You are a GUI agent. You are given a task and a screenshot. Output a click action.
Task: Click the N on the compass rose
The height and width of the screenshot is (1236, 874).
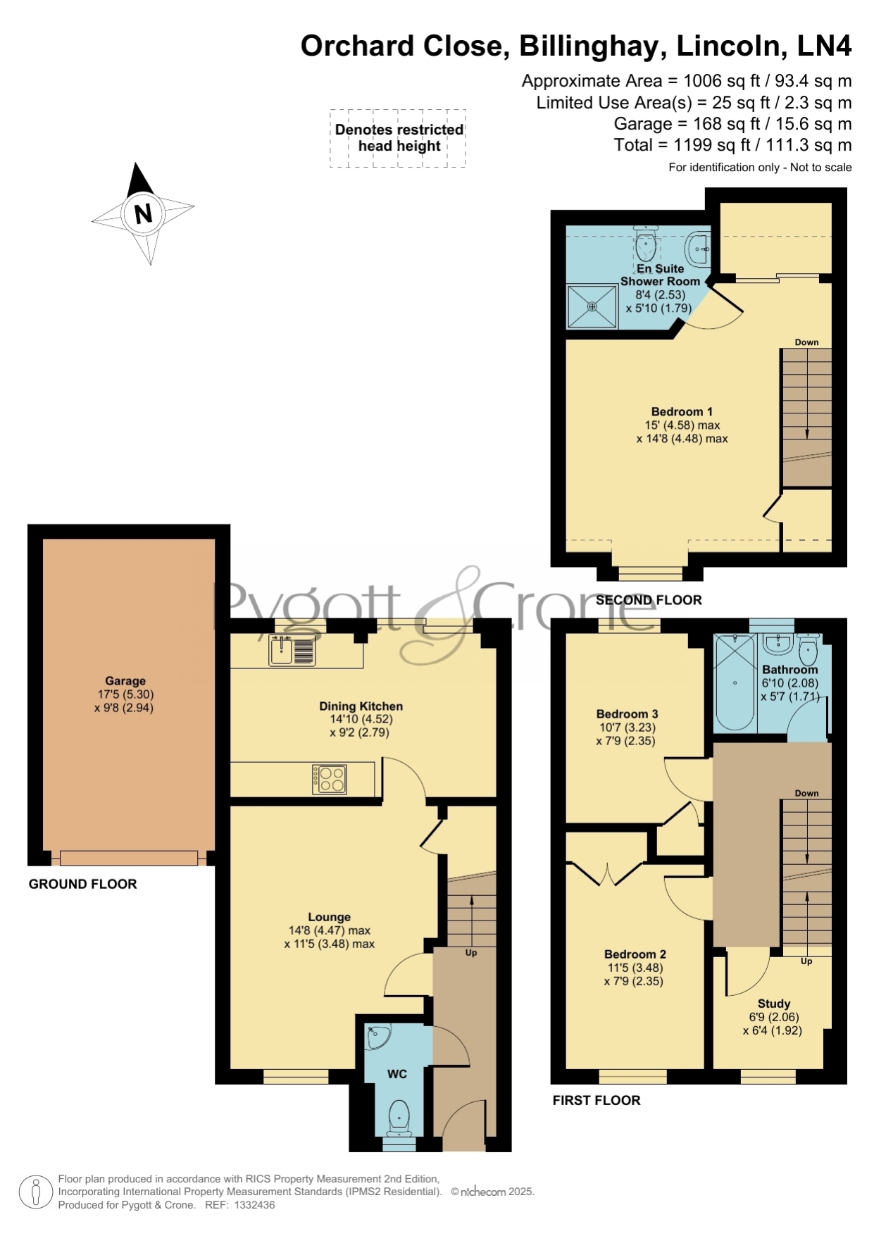(x=143, y=213)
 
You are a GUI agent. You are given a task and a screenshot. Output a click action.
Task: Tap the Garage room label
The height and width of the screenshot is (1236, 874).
(x=125, y=681)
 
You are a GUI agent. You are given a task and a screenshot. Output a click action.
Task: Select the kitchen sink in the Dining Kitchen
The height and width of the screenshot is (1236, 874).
(x=292, y=650)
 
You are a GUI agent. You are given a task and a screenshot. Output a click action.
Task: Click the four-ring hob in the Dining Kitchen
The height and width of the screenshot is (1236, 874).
(x=330, y=779)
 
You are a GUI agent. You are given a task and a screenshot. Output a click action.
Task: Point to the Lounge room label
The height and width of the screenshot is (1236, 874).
(x=329, y=917)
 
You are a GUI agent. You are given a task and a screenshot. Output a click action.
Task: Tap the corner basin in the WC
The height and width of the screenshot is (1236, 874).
(x=377, y=1036)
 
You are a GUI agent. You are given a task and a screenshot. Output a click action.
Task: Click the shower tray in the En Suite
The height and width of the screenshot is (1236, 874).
(x=592, y=306)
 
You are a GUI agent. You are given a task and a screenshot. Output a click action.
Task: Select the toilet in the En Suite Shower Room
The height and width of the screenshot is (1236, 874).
(x=645, y=244)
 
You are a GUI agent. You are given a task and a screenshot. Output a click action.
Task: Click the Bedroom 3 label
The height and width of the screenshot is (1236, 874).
(x=627, y=713)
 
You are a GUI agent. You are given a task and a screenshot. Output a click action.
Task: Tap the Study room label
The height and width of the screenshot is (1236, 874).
(x=773, y=1004)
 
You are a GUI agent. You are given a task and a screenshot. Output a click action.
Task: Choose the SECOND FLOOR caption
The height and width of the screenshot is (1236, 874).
(x=649, y=600)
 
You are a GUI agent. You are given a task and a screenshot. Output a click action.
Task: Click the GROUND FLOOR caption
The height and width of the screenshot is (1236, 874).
(x=82, y=884)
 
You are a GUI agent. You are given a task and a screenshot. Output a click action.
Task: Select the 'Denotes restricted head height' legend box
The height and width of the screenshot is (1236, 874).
(x=398, y=138)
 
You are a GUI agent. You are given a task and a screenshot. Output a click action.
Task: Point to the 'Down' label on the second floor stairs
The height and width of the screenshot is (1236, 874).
(x=806, y=342)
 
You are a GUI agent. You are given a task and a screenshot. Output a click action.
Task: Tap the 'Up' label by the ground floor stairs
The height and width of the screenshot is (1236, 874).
(x=470, y=953)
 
